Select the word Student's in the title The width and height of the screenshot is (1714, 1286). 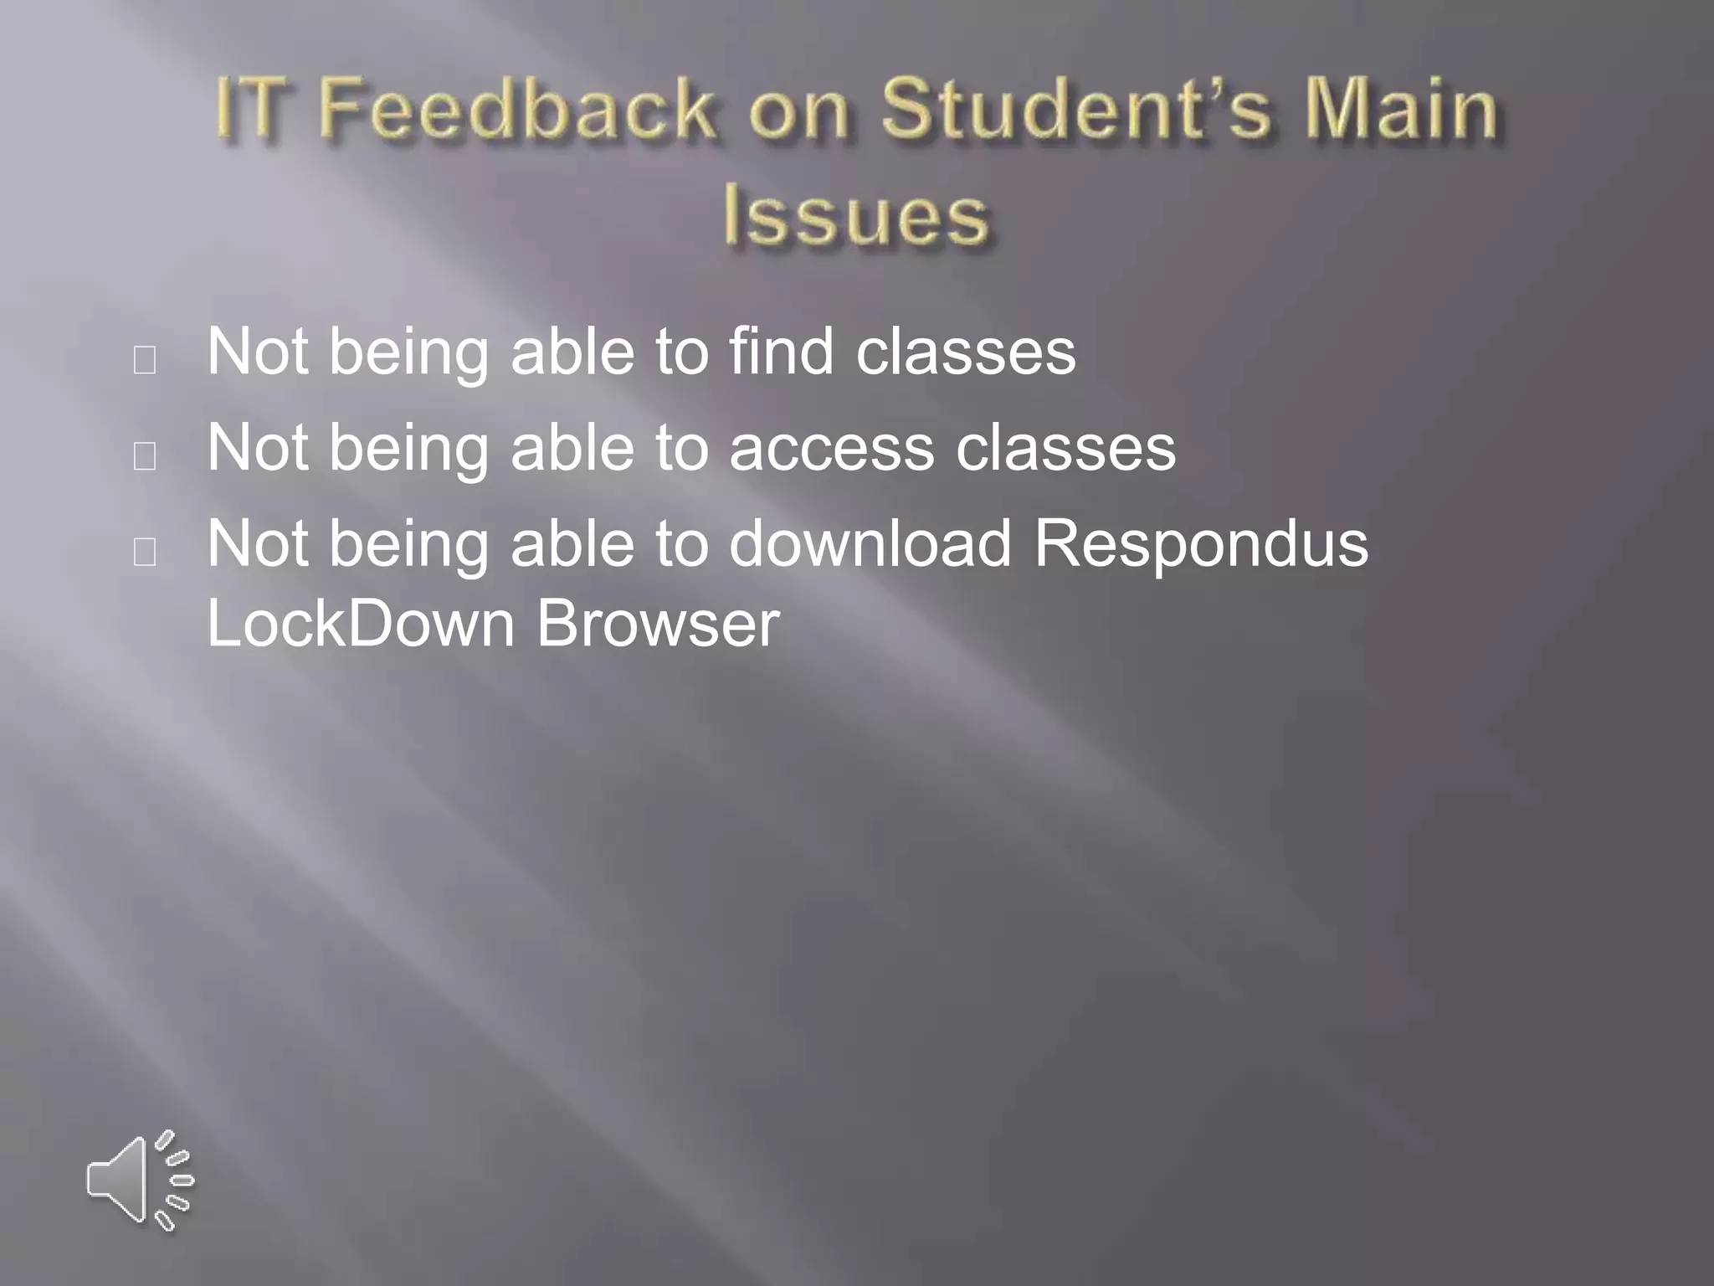1076,109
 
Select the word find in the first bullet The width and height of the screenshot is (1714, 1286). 782,352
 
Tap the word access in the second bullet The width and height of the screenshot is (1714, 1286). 831,449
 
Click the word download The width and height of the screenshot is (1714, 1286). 870,544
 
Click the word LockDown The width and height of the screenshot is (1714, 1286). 361,623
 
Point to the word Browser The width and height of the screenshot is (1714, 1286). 658,623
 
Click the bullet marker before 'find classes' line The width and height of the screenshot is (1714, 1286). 145,360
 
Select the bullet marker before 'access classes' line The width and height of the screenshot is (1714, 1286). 145,456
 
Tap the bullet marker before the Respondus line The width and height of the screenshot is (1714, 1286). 145,553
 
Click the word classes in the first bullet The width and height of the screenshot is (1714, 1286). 966,352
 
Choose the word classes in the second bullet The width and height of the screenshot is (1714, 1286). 1065,449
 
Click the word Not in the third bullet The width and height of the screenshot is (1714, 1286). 258,544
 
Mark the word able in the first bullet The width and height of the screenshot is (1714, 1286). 572,352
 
